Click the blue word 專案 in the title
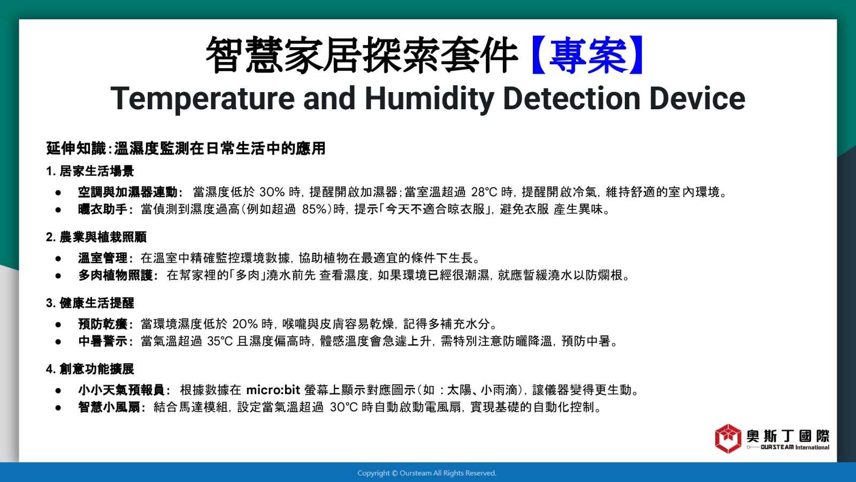pos(588,56)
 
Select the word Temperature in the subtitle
pos(203,99)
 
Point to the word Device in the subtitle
pos(697,99)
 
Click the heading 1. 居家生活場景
pos(90,171)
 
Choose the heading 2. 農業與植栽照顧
pos(96,237)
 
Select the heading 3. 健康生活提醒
pos(90,303)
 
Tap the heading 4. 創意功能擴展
pos(90,369)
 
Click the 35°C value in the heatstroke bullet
pos(220,341)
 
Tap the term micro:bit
pos(273,390)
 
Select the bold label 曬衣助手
pos(103,209)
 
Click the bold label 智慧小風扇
pos(109,407)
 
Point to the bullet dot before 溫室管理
pos(58,259)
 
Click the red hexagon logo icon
pos(728,439)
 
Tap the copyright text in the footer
pos(427,473)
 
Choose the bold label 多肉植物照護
pos(116,275)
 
